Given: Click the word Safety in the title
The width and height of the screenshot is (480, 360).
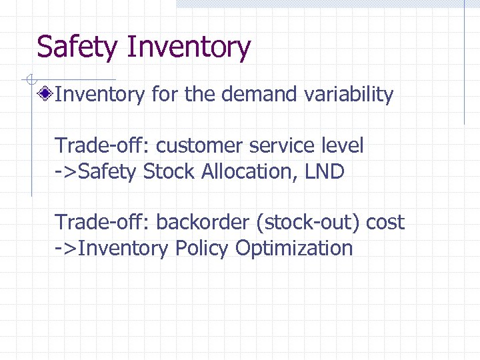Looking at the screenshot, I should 77,48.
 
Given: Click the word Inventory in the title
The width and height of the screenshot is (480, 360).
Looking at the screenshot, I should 188,48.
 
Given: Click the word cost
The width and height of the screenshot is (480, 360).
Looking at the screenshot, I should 385,222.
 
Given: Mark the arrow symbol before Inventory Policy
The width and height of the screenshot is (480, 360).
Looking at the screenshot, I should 66,249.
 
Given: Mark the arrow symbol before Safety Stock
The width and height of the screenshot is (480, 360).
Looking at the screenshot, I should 66,172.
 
